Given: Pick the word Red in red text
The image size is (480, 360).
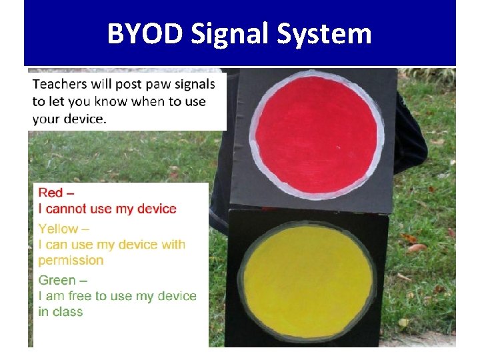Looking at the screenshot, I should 51,193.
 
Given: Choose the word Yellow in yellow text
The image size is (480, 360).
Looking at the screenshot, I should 58,229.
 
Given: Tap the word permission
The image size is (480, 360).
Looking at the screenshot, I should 71,261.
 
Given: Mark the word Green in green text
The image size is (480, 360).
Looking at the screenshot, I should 57,281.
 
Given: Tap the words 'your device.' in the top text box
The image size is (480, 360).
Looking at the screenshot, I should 69,119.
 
